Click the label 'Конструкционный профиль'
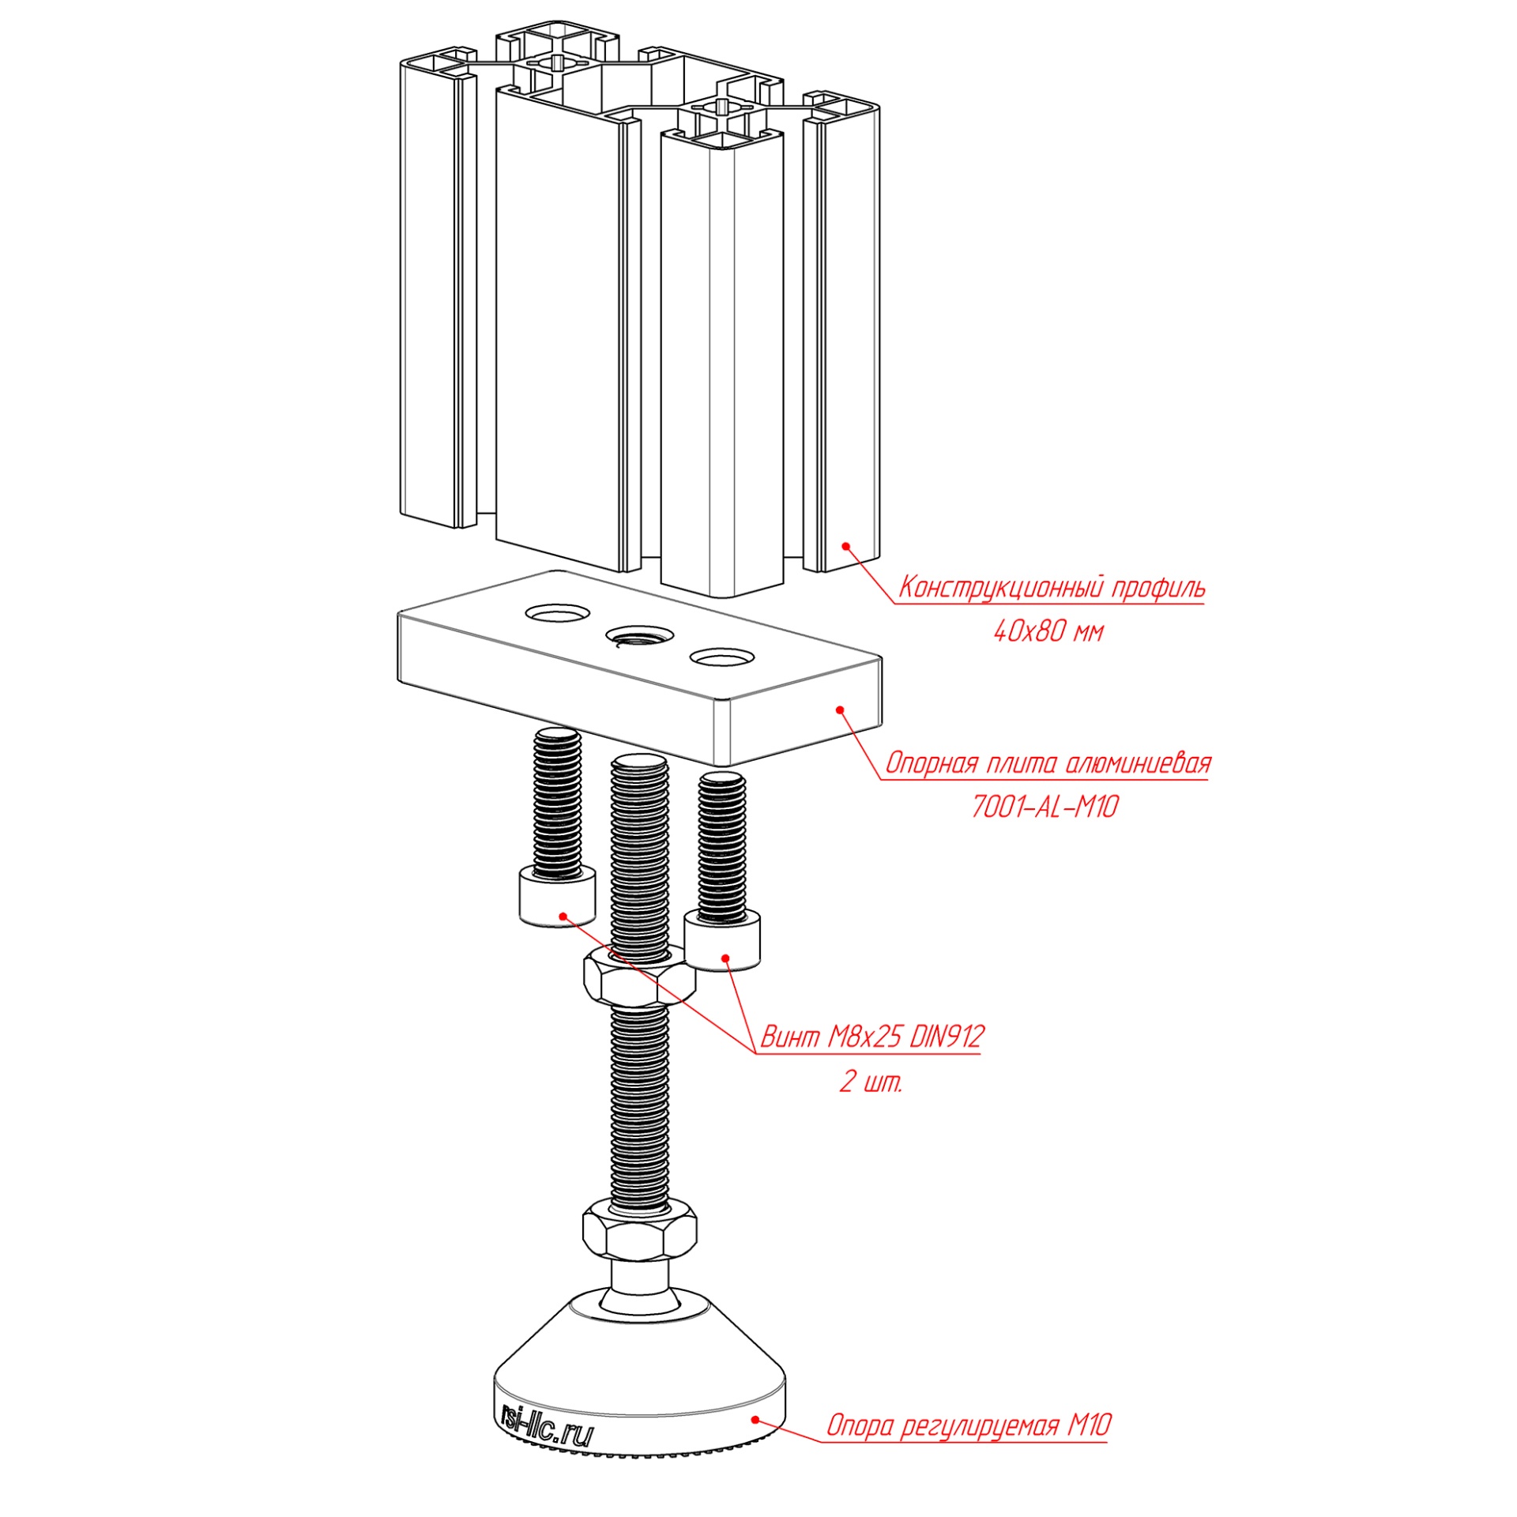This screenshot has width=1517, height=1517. [1052, 588]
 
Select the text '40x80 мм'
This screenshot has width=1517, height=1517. [1048, 631]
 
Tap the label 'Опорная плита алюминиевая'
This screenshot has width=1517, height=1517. [1048, 763]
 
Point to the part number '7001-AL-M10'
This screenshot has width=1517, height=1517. [1045, 807]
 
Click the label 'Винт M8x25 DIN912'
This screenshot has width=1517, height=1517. [871, 1036]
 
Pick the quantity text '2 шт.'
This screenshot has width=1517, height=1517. [871, 1082]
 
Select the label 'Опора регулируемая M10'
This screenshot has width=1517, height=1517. [969, 1425]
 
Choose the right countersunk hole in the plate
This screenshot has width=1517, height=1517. [722, 657]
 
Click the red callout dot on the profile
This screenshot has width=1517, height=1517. [845, 545]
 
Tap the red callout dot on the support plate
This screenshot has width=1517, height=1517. [840, 710]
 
